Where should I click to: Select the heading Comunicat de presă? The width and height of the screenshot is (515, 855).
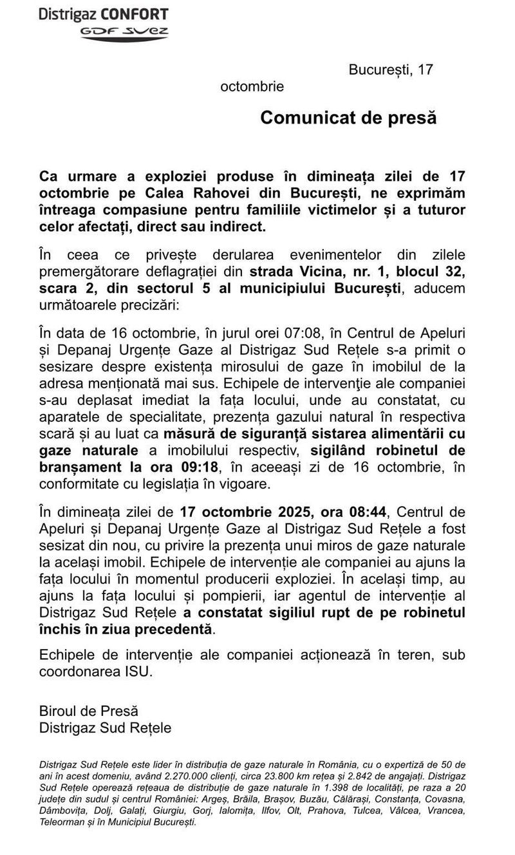[348, 118]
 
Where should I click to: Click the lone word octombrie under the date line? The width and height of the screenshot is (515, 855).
[252, 86]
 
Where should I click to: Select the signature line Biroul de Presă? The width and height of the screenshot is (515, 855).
[88, 711]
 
